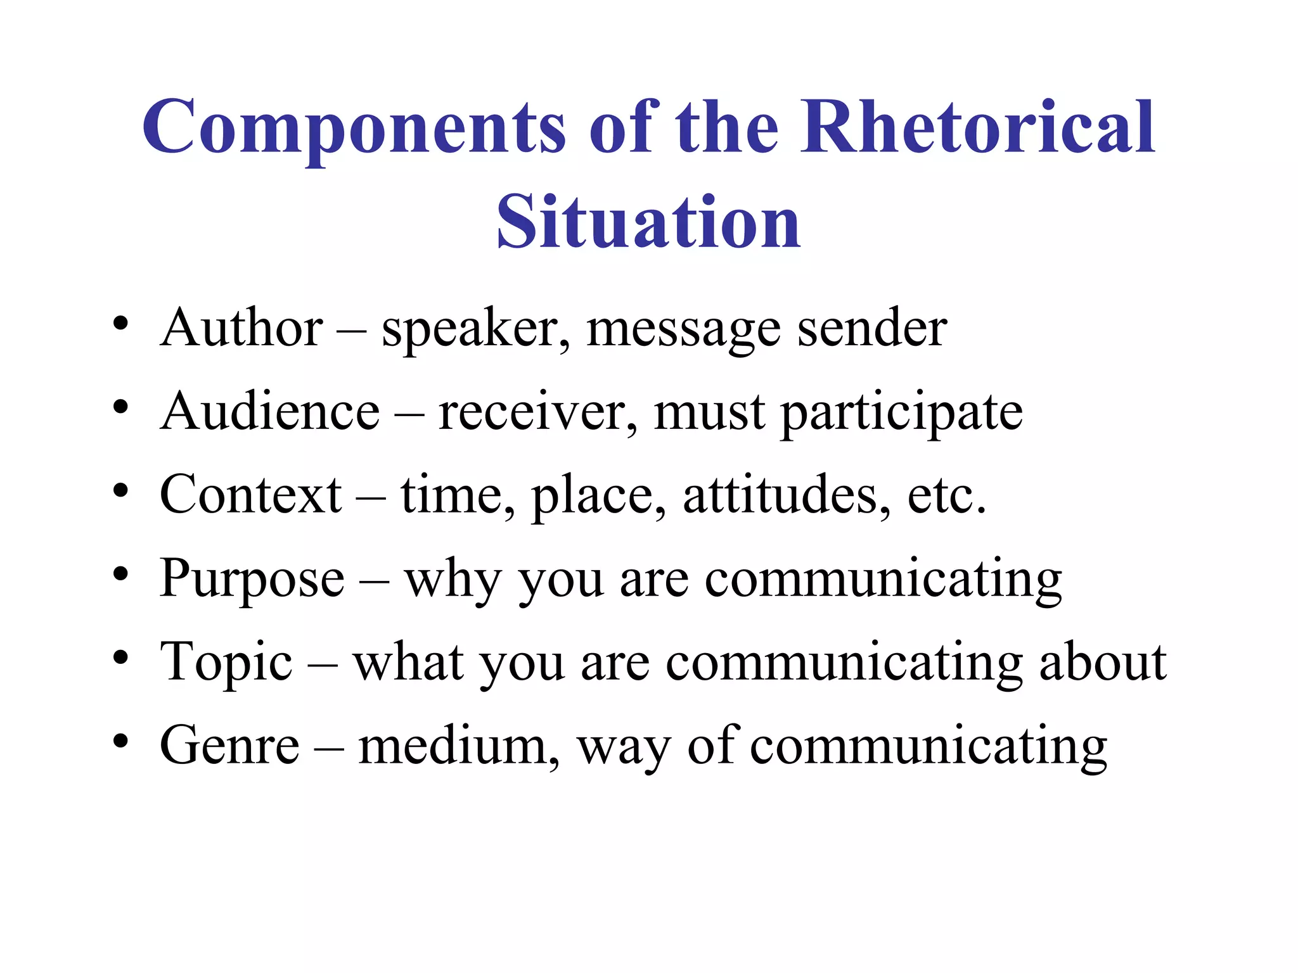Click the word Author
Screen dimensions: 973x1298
pyautogui.click(x=241, y=328)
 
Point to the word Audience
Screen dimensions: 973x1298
pyautogui.click(x=270, y=412)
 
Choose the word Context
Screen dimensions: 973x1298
pyautogui.click(x=251, y=495)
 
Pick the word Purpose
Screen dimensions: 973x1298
pyautogui.click(x=252, y=578)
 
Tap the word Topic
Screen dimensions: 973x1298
pyautogui.click(x=226, y=663)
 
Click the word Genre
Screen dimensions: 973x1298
pyautogui.click(x=229, y=746)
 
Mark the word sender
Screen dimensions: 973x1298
pyautogui.click(x=871, y=328)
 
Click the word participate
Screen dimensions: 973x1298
pyautogui.click(x=901, y=413)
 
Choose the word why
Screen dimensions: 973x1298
pyautogui.click(x=453, y=580)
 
